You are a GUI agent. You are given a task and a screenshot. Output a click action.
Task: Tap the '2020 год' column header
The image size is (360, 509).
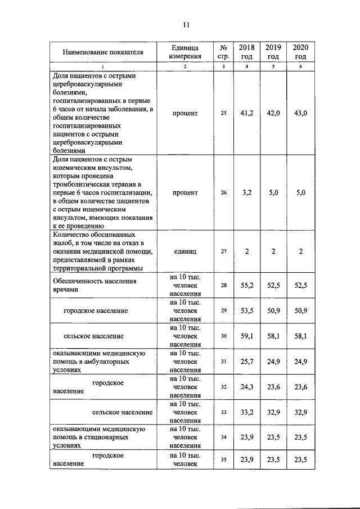[300, 52]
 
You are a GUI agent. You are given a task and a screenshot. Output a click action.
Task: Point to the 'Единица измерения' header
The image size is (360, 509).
[185, 52]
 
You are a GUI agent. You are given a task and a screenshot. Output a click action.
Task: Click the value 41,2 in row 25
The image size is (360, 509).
[247, 113]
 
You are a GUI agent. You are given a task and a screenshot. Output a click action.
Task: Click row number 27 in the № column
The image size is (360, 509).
[223, 251]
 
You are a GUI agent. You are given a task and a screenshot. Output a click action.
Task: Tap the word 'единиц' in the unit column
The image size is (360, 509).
[185, 251]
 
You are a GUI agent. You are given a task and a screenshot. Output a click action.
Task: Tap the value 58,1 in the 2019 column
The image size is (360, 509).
[273, 336]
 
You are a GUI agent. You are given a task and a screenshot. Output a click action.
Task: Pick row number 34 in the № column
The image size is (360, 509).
[223, 437]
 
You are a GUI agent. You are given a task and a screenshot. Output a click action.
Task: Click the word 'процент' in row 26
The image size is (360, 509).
[185, 192]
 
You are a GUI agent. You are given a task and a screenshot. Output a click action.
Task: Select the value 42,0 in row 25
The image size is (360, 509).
[273, 113]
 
